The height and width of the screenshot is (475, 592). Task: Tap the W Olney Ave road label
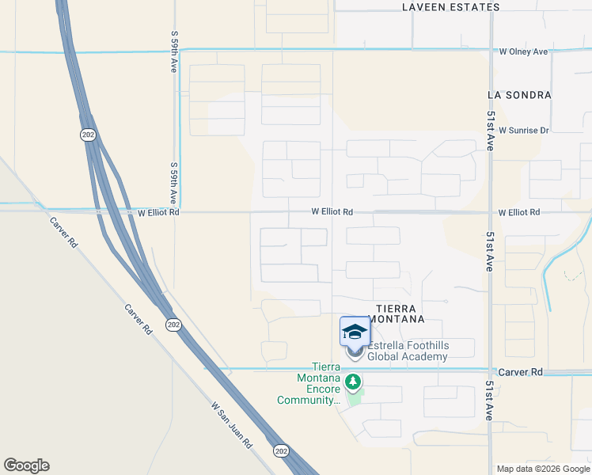coord(523,52)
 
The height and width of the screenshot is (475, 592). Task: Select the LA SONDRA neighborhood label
coord(519,95)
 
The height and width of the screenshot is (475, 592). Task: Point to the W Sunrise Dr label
coord(524,131)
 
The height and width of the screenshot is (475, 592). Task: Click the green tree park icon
coord(353,382)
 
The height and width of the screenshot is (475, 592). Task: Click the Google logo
coord(26,465)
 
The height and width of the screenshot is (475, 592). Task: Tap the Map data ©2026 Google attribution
coord(542,469)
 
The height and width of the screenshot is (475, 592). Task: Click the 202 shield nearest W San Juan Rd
coord(281,450)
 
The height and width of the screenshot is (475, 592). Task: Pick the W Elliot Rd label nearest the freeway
coord(158,213)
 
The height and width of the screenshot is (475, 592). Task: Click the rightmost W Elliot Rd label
coord(519,213)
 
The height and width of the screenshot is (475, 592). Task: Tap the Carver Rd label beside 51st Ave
coord(520,372)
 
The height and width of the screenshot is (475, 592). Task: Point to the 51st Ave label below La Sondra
coord(491,131)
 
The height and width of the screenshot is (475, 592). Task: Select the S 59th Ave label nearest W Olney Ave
coord(173,52)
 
